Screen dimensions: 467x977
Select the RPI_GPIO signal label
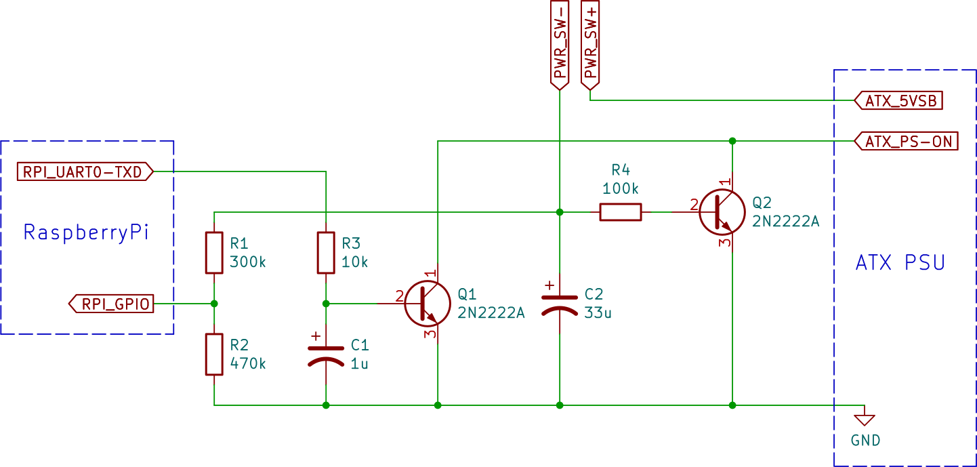(x=112, y=304)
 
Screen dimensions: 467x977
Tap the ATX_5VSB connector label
(x=900, y=101)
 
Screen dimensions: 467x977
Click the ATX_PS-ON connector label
(x=907, y=142)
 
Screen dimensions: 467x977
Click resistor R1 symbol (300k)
(x=214, y=253)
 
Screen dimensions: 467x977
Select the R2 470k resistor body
(x=214, y=354)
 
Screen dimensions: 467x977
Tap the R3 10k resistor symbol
(x=327, y=253)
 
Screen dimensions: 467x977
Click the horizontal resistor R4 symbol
(x=620, y=212)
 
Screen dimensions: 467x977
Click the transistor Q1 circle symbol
(x=428, y=304)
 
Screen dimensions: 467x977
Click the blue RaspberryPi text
(x=86, y=232)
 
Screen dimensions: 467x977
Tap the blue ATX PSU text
(x=900, y=262)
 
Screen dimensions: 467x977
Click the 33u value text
(x=598, y=313)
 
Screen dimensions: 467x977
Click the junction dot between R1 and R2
(x=214, y=304)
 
